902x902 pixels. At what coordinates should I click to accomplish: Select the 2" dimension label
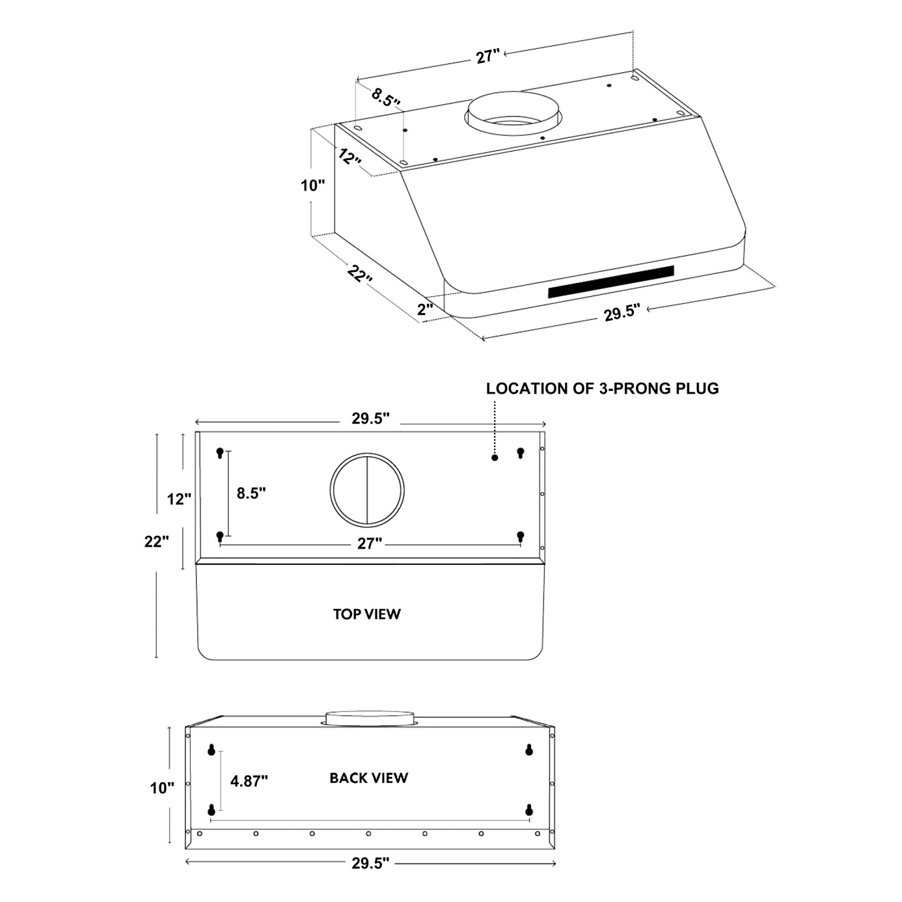(425, 309)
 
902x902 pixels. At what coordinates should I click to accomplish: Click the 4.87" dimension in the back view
(249, 780)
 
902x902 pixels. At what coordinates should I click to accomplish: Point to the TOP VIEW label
(367, 614)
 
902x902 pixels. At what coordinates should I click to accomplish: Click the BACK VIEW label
(368, 778)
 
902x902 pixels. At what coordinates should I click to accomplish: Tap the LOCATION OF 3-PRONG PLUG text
(602, 389)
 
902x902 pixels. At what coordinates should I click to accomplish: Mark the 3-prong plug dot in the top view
(495, 458)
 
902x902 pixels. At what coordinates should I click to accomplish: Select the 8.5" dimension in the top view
(251, 493)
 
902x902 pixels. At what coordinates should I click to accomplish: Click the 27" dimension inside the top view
(369, 543)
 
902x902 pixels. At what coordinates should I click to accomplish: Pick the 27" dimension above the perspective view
(487, 57)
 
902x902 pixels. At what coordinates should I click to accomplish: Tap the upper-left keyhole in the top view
(220, 452)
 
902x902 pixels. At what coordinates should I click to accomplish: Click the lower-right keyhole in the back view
(529, 810)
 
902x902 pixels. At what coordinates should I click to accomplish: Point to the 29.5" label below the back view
(370, 863)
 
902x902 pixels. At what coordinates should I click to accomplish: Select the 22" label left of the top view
(156, 541)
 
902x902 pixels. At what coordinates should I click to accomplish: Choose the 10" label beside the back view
(162, 788)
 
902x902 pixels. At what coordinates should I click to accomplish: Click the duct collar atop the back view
(369, 717)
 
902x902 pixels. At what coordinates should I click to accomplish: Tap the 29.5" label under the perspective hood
(622, 313)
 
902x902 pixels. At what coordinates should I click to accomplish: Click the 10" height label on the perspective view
(312, 185)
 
